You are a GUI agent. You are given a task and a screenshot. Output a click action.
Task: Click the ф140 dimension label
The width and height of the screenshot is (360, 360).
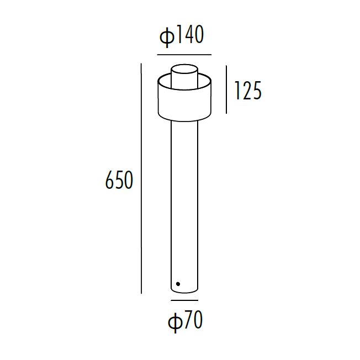(x=182, y=36)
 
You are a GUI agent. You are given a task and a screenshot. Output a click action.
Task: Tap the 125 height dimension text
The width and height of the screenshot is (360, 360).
(x=248, y=91)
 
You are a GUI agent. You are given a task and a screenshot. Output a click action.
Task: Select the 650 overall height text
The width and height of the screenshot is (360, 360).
(x=119, y=181)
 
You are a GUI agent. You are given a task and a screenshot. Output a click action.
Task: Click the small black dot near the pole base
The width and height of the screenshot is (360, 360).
(x=178, y=284)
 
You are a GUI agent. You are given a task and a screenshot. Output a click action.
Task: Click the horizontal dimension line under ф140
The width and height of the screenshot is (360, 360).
(x=184, y=55)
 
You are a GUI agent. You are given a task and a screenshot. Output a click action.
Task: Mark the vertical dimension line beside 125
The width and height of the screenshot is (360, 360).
(x=226, y=89)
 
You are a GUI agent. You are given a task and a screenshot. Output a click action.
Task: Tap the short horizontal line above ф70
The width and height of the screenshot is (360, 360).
(x=184, y=300)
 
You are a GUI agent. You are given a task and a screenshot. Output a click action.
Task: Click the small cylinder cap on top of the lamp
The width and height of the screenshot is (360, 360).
(x=184, y=76)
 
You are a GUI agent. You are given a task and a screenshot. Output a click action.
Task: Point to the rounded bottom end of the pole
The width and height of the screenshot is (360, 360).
(x=184, y=291)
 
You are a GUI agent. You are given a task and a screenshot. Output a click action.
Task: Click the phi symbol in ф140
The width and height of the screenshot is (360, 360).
(x=166, y=37)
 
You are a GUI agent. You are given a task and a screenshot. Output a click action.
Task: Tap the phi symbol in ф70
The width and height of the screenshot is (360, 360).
(x=174, y=322)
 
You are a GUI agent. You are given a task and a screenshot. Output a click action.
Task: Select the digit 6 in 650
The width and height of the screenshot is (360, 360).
(x=109, y=181)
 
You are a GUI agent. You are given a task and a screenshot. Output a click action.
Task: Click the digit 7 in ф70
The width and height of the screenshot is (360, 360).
(x=188, y=321)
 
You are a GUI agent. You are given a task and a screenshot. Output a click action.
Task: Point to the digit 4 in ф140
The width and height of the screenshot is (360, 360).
(x=187, y=36)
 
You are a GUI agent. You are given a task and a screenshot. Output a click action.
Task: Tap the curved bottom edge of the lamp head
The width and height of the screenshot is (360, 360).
(x=184, y=120)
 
